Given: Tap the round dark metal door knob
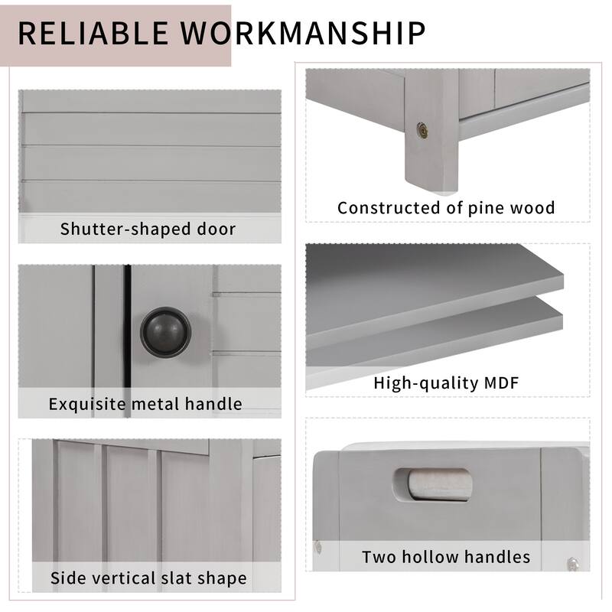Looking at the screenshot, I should tap(165, 331).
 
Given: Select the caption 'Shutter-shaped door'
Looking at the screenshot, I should tap(148, 229).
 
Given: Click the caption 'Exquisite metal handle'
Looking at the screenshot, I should tap(145, 403).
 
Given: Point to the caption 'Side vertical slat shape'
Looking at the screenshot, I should tap(148, 578).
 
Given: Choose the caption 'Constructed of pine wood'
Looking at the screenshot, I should tap(446, 207).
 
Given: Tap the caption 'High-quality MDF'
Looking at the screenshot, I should tap(446, 382).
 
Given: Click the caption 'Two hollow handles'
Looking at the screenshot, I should tap(446, 556).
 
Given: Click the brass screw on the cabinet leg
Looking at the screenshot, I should tap(422, 131).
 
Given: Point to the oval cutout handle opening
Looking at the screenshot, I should tap(433, 484).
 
